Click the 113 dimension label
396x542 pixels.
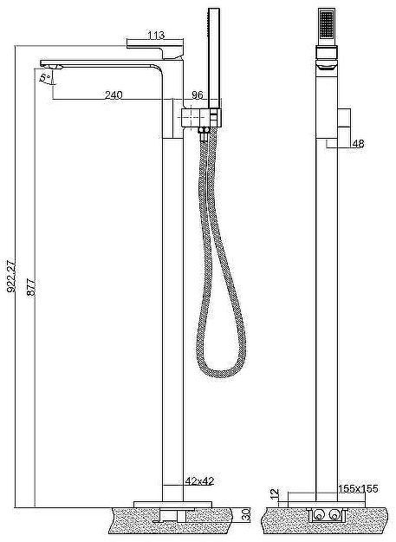(156, 36)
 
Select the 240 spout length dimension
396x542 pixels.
(114, 95)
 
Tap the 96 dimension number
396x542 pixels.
(198, 95)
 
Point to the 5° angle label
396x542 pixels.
(45, 77)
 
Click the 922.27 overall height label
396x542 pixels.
(11, 276)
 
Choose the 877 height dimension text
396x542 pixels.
(31, 286)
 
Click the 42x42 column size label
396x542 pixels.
(199, 480)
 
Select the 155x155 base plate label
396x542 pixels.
(358, 489)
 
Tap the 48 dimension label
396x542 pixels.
(358, 144)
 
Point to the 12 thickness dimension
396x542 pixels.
(276, 493)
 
